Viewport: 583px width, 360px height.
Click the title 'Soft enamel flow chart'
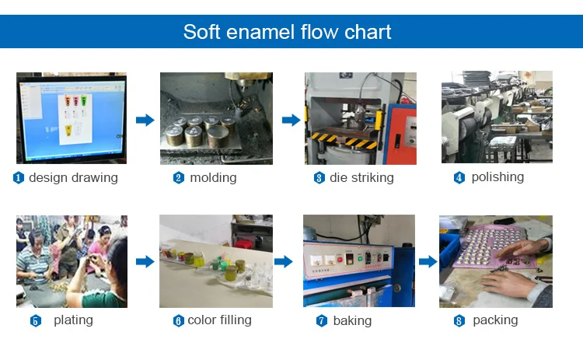(x=287, y=32)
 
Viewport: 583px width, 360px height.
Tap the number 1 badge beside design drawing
(x=19, y=178)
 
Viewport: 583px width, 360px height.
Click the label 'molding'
(x=213, y=177)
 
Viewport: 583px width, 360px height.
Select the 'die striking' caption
(x=361, y=177)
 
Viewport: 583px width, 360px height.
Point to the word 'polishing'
(x=497, y=177)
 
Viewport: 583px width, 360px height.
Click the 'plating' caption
(x=73, y=320)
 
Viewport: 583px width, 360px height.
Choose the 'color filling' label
(x=219, y=320)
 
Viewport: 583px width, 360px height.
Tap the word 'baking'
(x=352, y=320)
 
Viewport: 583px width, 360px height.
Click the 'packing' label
(x=494, y=320)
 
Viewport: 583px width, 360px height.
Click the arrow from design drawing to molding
(x=145, y=120)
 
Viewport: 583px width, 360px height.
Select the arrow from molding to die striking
(x=291, y=120)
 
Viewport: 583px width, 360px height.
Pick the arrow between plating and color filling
(x=145, y=261)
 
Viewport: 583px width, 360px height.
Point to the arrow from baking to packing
(x=428, y=261)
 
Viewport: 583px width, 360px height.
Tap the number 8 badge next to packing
(x=459, y=320)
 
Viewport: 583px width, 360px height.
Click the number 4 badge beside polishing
(x=459, y=178)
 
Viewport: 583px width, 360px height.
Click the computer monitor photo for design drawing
(x=72, y=117)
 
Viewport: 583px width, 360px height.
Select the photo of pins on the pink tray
(x=495, y=260)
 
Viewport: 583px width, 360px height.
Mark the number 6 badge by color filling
(x=178, y=320)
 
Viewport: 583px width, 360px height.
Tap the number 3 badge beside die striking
(x=319, y=178)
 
